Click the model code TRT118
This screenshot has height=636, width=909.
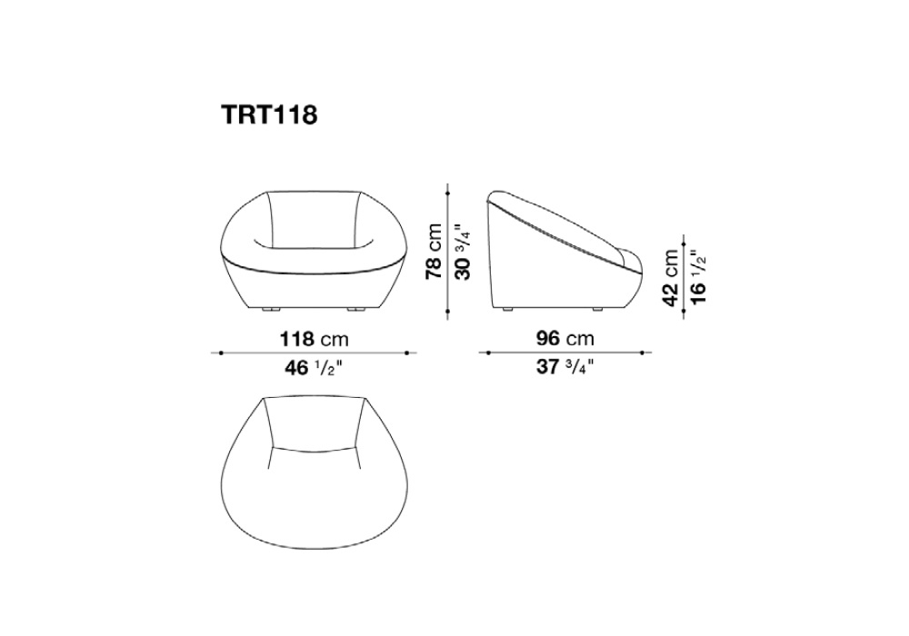coord(269,114)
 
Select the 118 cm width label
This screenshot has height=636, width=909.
coord(315,339)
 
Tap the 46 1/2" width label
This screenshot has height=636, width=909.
coord(314,367)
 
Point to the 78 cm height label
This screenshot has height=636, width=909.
coord(434,251)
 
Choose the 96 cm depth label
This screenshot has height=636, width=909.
coord(565,339)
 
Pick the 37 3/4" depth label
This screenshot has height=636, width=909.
coord(565,367)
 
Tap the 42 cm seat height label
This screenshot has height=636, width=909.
coord(672,277)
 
